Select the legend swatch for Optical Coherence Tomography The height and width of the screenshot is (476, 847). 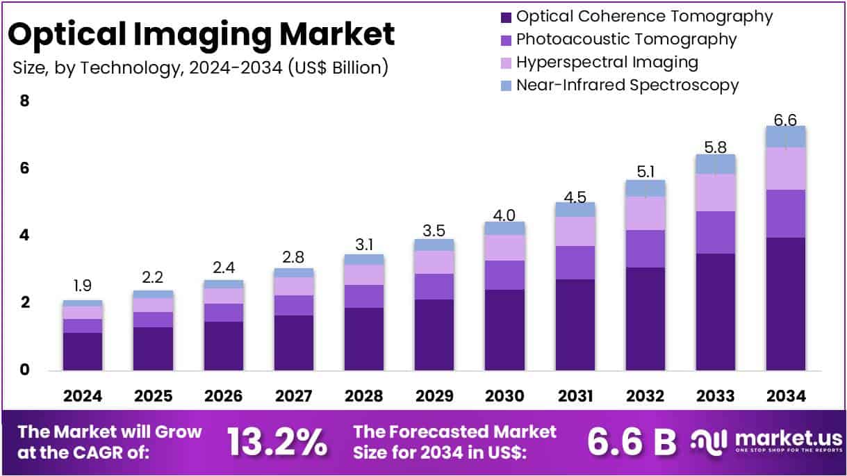click(x=505, y=16)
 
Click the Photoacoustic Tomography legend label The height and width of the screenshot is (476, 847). click(x=626, y=39)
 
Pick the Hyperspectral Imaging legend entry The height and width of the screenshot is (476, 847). click(x=607, y=62)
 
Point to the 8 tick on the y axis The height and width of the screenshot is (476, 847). click(x=25, y=101)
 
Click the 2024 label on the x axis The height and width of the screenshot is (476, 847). click(x=83, y=396)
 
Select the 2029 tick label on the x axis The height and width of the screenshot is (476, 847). click(x=434, y=396)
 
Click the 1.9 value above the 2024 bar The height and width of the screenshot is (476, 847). click(x=83, y=286)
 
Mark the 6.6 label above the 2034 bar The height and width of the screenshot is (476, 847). click(x=785, y=120)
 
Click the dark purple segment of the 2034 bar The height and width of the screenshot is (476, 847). click(x=785, y=303)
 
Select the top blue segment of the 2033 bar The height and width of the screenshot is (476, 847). click(x=715, y=164)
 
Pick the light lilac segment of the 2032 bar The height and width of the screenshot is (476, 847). click(x=645, y=213)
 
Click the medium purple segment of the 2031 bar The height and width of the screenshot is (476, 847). click(x=575, y=262)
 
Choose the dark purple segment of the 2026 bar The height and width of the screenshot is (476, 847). click(x=223, y=345)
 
